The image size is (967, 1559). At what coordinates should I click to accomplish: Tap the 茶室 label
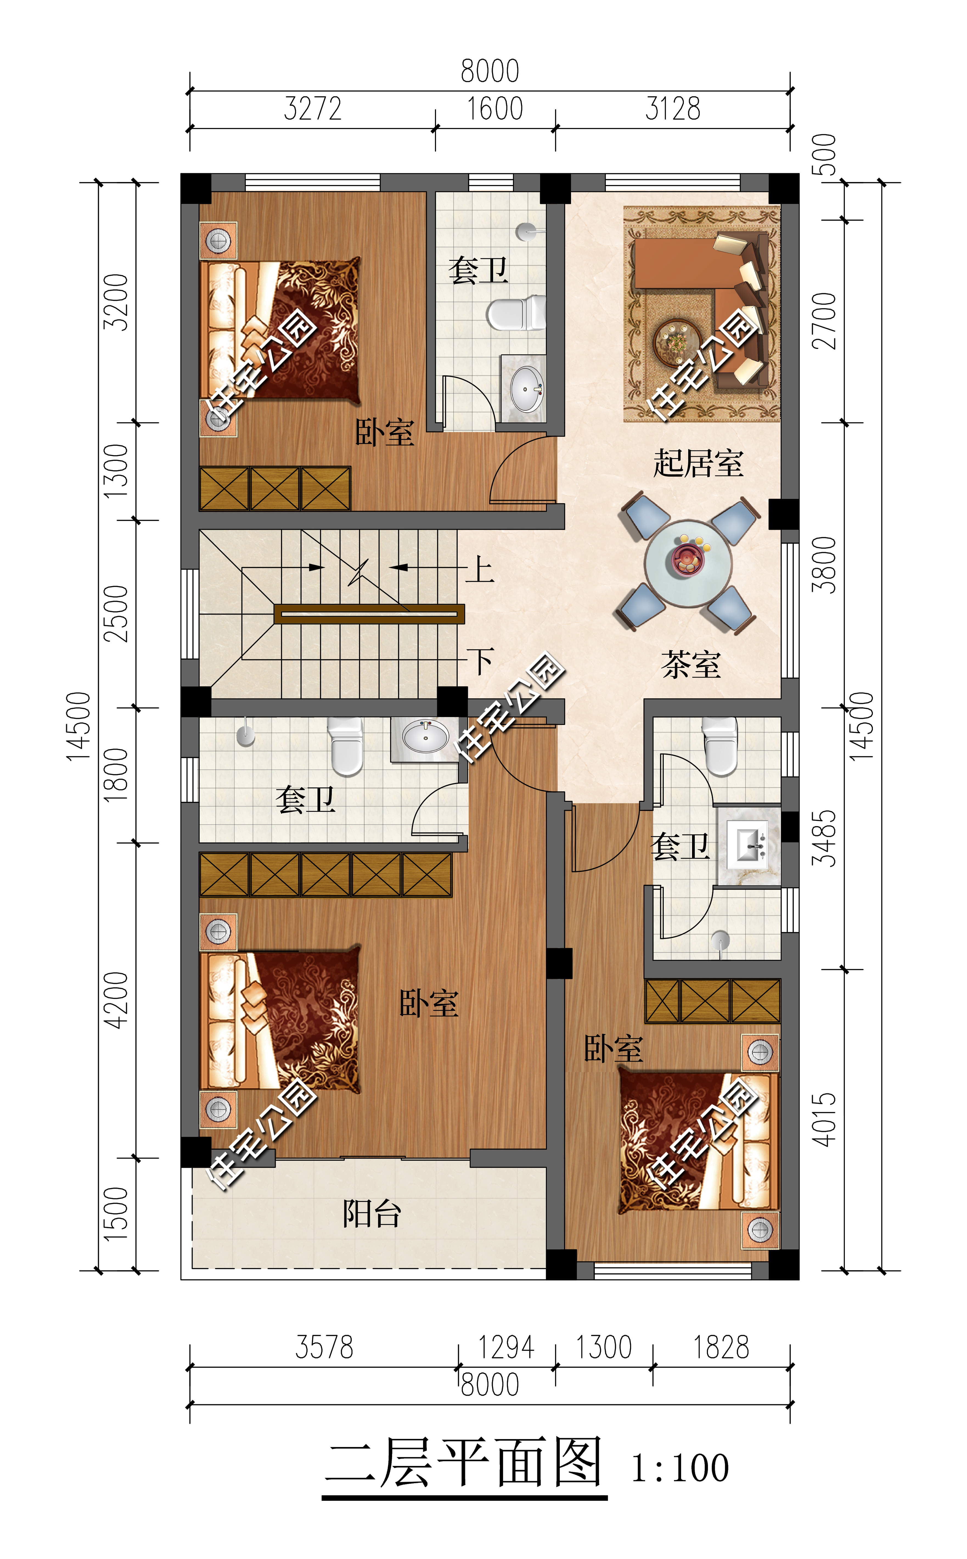tap(691, 665)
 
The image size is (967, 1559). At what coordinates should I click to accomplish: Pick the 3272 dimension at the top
tap(313, 109)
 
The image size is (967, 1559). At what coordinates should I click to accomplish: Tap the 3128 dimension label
tap(673, 109)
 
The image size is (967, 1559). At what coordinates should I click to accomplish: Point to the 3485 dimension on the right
tap(824, 838)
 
